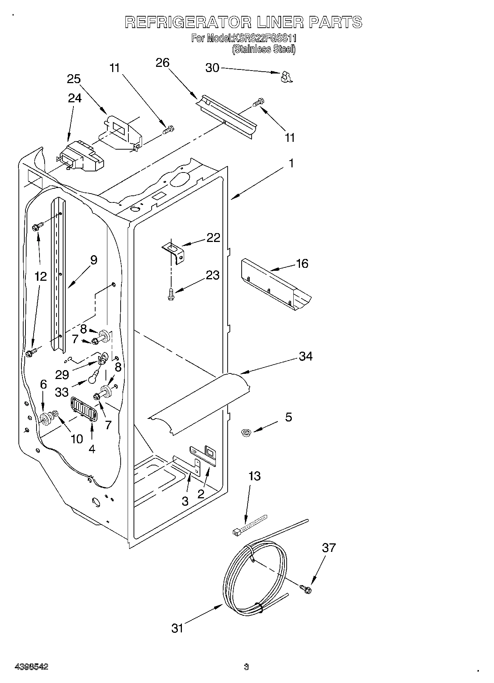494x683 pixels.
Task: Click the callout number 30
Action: point(212,68)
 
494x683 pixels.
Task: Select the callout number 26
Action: point(162,63)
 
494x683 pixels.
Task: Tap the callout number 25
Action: point(74,79)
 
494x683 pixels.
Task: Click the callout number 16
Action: point(302,263)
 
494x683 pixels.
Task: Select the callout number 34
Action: point(306,356)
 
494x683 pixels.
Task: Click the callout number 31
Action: point(177,628)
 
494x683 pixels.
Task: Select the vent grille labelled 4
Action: point(84,408)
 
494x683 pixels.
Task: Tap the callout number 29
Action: point(62,375)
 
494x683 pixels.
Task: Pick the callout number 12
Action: point(41,276)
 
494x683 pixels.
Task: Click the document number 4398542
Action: point(31,667)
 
